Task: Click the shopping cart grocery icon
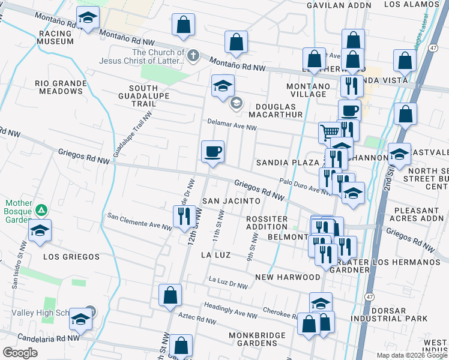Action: click(330, 132)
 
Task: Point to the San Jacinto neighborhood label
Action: click(231, 200)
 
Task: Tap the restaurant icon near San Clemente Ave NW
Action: click(185, 217)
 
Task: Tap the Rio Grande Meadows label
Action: click(59, 87)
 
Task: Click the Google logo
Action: click(20, 352)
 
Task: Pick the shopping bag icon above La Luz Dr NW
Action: click(170, 294)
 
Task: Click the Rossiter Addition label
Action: click(267, 223)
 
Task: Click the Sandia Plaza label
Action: click(287, 163)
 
